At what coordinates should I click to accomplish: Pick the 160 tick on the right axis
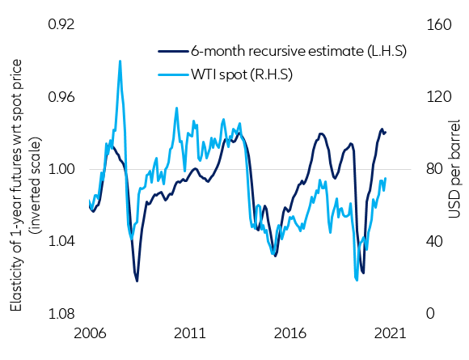(437, 24)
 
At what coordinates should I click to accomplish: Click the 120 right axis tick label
(437, 97)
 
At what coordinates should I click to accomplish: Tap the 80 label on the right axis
(433, 169)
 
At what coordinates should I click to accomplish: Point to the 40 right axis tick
(433, 241)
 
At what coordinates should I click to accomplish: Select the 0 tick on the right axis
(429, 314)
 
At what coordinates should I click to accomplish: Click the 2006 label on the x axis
(90, 333)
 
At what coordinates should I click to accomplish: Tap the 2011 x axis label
(190, 333)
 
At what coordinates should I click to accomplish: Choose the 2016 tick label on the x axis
(290, 333)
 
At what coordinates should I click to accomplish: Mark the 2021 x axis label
(390, 333)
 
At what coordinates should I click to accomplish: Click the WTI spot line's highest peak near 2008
(120, 61)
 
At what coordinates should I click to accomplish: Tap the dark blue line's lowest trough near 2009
(137, 281)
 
